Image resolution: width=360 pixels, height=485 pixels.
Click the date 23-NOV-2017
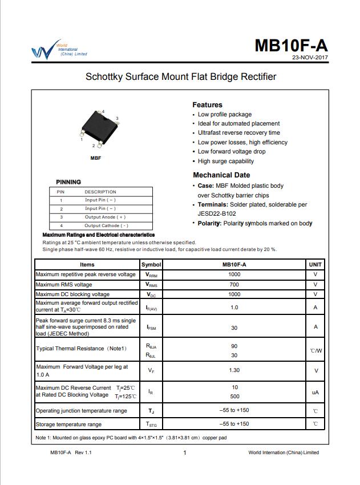click(x=310, y=58)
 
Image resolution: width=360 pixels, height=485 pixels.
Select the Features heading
click(x=207, y=105)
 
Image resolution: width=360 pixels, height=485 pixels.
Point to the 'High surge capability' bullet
click(x=225, y=161)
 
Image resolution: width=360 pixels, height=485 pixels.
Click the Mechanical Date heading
click(x=221, y=175)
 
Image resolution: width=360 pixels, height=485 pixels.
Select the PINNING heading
click(x=68, y=182)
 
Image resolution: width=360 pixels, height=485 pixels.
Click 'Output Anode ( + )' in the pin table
click(x=105, y=217)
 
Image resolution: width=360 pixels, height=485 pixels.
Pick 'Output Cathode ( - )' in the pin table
click(x=106, y=225)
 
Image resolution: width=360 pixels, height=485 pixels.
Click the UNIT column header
click(x=315, y=265)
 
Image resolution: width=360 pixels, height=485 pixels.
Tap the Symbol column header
click(x=151, y=265)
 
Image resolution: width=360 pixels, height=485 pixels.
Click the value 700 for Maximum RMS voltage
click(x=234, y=284)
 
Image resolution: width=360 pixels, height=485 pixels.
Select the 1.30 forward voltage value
click(x=234, y=370)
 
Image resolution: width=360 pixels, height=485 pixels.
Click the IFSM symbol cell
click(x=151, y=328)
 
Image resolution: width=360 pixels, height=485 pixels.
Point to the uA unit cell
click(x=315, y=393)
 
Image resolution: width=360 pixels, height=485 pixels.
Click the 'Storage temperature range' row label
click(x=68, y=425)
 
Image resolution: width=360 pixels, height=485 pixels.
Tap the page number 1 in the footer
click(x=184, y=453)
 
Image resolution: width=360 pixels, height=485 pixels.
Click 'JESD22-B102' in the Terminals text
click(x=217, y=214)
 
